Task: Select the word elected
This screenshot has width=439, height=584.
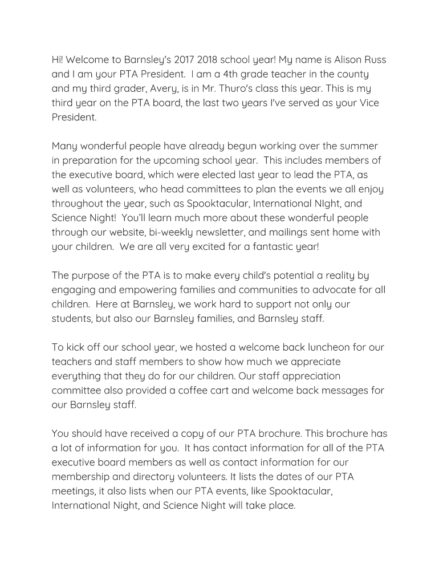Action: click(215, 175)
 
